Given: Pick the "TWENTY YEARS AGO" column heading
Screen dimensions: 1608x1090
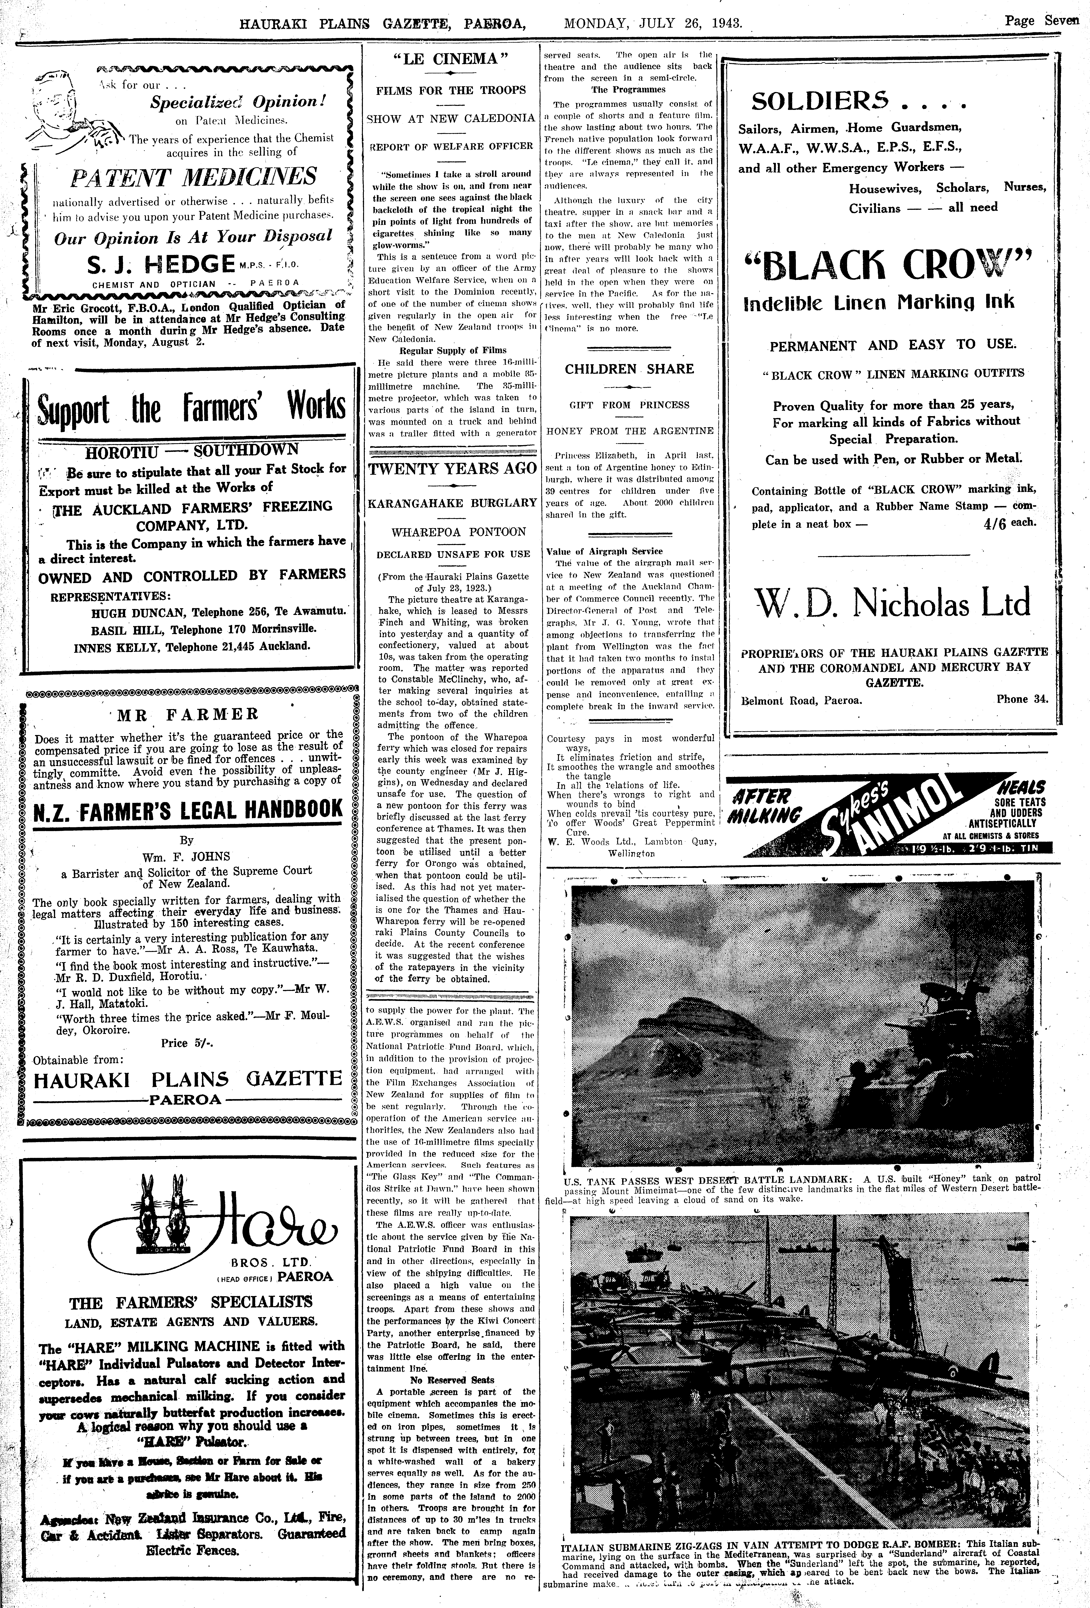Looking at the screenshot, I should point(452,468).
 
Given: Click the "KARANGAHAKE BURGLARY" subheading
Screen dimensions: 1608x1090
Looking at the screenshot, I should point(452,502).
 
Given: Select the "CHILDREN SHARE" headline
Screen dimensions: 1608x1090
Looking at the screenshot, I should point(629,369).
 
